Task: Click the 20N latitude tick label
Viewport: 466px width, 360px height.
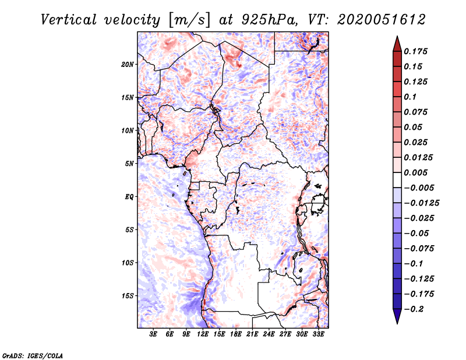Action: [128, 64]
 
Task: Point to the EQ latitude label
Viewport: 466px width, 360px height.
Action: [129, 196]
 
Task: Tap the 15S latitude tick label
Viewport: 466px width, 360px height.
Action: [128, 296]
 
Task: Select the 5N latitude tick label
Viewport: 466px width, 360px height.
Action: [129, 164]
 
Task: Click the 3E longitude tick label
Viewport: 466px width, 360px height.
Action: [153, 334]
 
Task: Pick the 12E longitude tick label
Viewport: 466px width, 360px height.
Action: [203, 334]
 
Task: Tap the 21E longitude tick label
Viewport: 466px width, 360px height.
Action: [252, 334]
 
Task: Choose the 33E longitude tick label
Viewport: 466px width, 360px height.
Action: [318, 334]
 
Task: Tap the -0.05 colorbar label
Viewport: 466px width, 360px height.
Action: [419, 233]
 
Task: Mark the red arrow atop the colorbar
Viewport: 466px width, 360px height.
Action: [396, 44]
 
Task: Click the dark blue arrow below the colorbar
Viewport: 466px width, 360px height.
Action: [396, 316]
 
